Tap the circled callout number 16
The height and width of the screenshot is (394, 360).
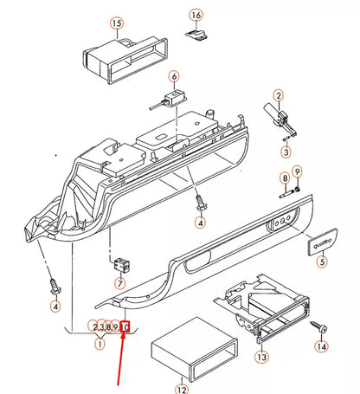[x=196, y=16]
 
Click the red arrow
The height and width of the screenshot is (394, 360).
[x=118, y=364]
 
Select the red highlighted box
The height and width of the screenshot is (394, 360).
[x=125, y=327]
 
